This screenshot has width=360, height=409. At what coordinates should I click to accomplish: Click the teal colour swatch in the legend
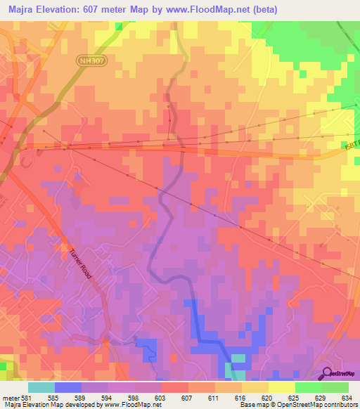41,387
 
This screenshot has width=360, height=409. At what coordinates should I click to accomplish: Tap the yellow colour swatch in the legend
281,387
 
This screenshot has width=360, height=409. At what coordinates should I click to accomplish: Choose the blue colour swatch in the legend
67,387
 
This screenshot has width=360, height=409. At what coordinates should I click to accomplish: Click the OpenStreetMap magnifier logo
327,374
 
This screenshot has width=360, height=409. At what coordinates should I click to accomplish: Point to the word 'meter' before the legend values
11,398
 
